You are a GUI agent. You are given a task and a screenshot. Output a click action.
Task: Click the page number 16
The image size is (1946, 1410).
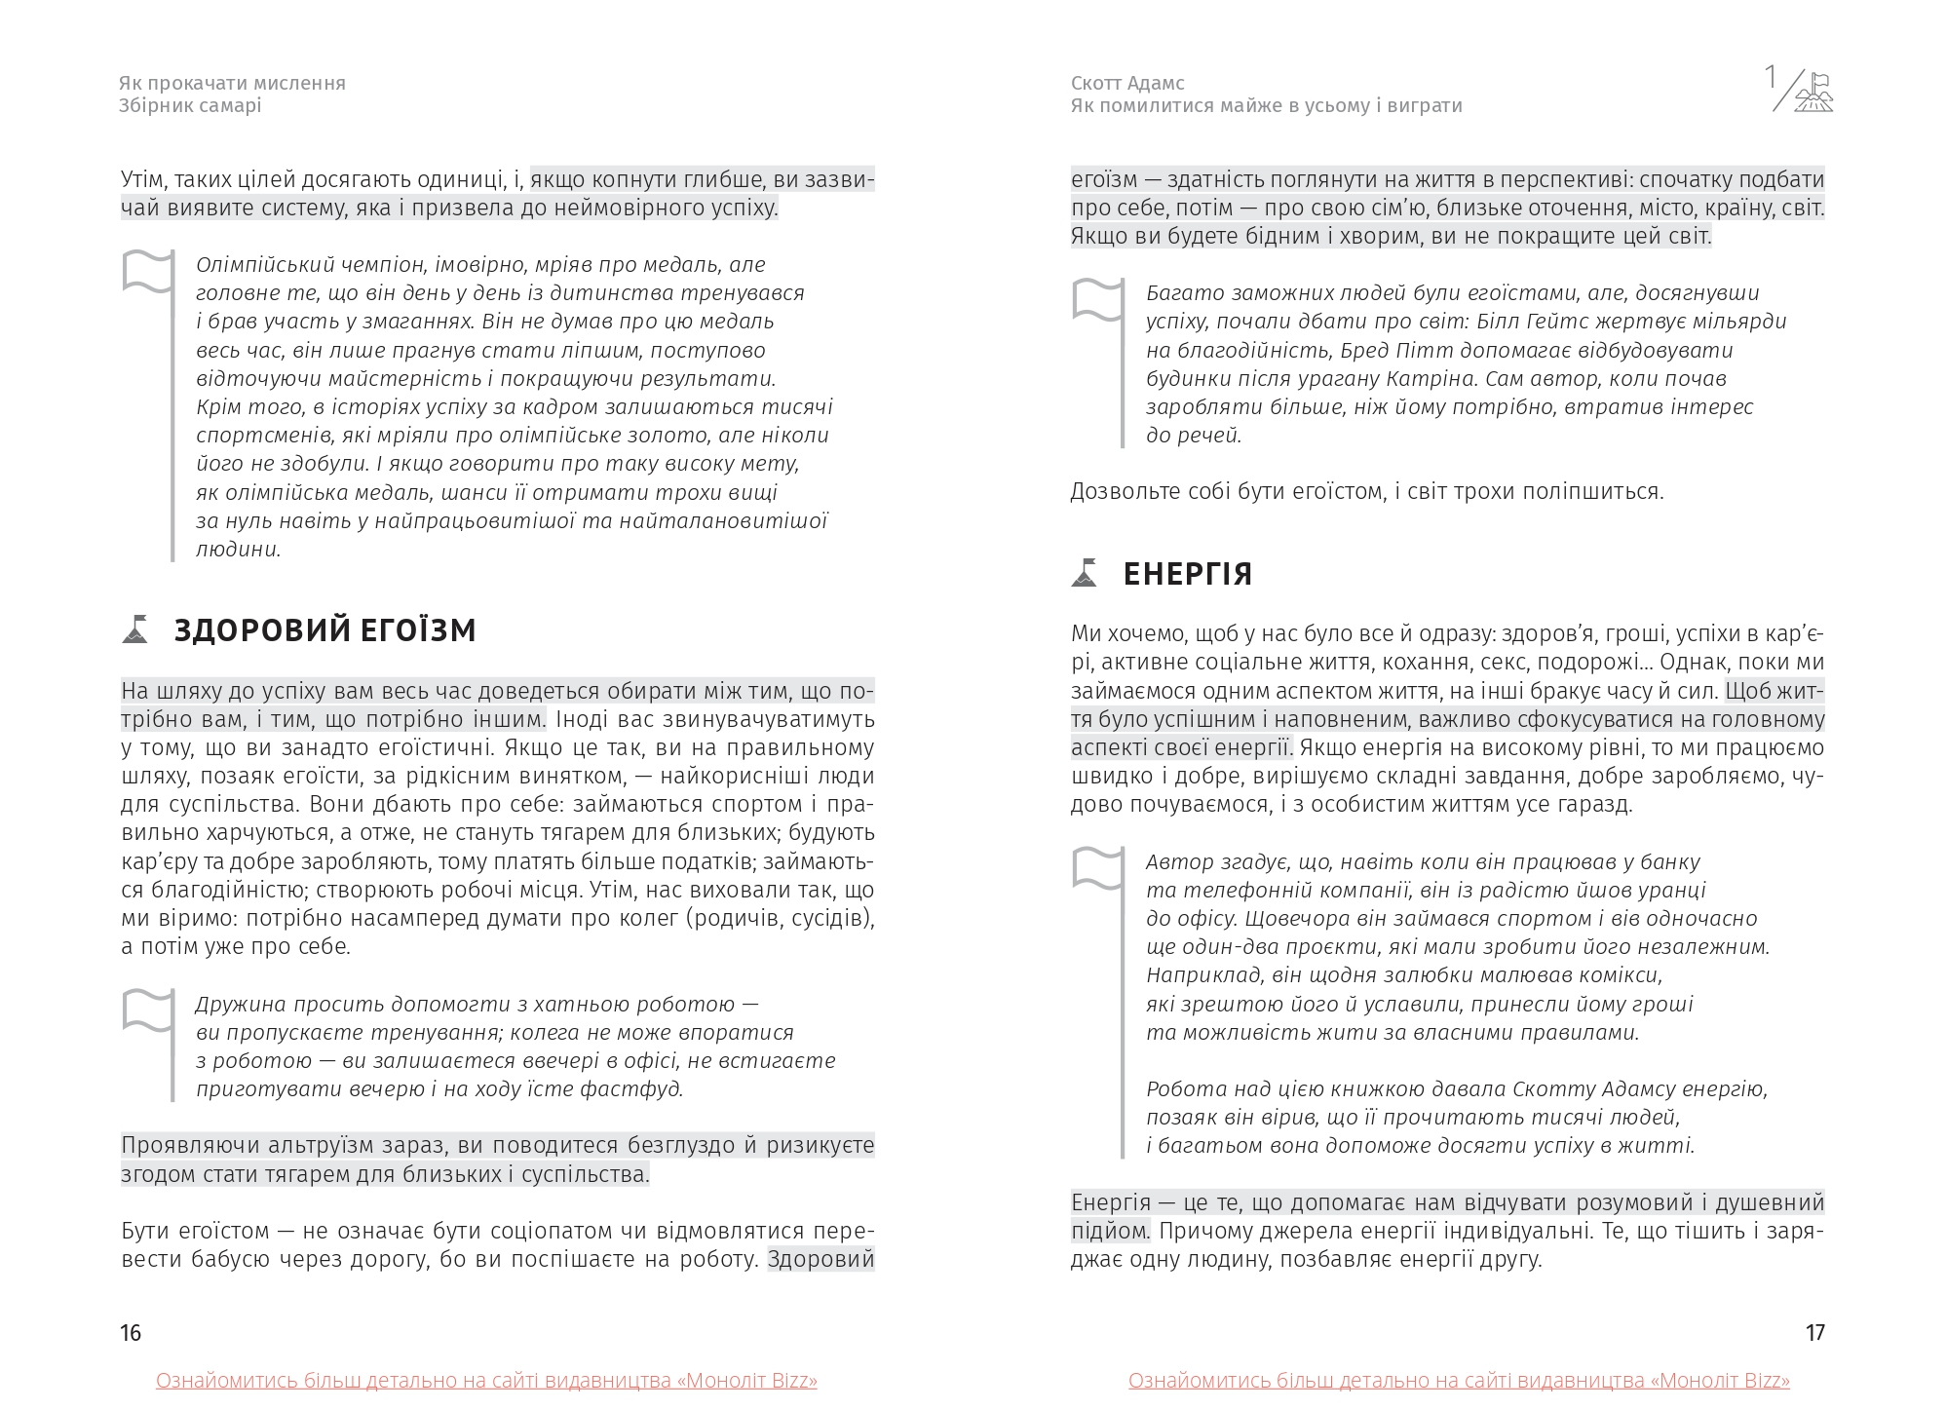132,1333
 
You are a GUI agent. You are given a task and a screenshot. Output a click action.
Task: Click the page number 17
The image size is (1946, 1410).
1814,1333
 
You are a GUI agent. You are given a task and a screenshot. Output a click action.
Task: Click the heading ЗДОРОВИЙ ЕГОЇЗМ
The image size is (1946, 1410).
324,631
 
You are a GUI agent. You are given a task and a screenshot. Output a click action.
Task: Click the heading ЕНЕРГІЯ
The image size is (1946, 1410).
1187,575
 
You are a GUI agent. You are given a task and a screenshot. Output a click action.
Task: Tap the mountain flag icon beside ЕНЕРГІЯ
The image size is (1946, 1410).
1085,573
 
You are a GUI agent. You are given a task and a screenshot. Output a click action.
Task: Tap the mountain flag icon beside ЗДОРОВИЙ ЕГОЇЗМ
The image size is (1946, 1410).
135,629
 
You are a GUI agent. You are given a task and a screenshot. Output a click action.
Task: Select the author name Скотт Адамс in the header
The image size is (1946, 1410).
1127,84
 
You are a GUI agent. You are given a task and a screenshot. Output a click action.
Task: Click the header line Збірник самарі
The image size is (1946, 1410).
190,105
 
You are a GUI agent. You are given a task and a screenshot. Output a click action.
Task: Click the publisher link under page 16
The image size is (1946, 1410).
486,1381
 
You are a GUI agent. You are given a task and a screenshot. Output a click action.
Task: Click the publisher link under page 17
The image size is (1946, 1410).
1459,1381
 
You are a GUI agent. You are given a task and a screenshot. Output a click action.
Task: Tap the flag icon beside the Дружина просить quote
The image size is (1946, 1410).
148,1010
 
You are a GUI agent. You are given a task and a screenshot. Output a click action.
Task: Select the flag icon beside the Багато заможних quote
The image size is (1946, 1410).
1097,299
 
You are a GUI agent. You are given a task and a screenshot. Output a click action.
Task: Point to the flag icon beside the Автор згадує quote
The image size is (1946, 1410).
1097,868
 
